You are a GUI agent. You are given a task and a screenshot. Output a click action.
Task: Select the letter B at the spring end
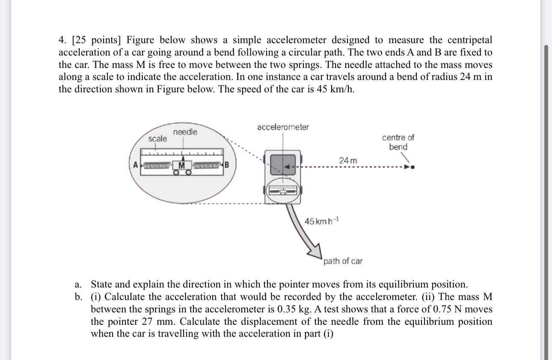[227, 165]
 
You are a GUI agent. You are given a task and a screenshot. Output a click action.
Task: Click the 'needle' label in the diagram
[185, 132]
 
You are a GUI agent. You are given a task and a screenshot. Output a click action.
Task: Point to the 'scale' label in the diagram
[157, 139]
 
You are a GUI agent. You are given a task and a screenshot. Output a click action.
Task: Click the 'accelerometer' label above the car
[283, 127]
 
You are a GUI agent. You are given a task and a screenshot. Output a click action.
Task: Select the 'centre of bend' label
[398, 142]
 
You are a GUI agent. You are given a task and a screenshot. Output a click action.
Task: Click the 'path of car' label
[343, 261]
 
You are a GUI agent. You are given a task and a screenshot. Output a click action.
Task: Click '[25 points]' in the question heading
[97, 40]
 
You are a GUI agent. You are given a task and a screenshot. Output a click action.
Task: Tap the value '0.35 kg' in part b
[279, 309]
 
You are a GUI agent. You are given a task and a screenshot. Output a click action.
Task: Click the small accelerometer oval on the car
[282, 191]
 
